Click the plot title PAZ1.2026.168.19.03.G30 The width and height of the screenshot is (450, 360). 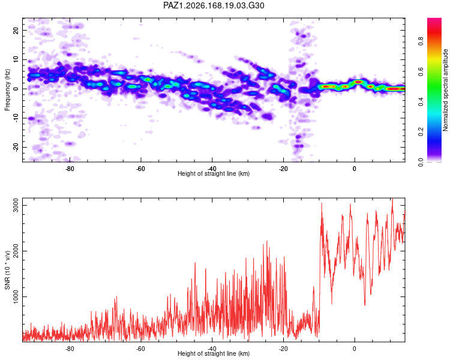coord(214,5)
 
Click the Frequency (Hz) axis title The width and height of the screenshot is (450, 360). coord(7,90)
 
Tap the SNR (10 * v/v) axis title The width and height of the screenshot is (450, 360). coord(7,270)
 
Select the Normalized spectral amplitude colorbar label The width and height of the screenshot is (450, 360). coord(445,90)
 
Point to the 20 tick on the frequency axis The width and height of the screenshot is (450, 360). coord(16,30)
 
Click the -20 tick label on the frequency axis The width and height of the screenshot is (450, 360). coord(16,147)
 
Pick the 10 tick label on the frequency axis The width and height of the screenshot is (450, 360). coord(16,59)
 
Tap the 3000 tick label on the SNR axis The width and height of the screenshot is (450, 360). coord(16,206)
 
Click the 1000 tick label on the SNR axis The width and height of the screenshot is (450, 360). coord(16,296)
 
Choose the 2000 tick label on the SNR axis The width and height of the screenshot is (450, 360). coord(16,251)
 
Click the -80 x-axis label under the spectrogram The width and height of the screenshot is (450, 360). coord(70,169)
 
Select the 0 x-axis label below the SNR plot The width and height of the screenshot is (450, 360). coord(355,349)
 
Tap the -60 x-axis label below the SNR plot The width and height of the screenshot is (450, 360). coord(140,349)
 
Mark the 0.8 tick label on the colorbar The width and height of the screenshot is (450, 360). coord(421,41)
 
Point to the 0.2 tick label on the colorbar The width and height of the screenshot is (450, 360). coord(421,132)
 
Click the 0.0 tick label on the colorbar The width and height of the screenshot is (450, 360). coord(421,162)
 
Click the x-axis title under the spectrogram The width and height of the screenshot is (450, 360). coord(214,173)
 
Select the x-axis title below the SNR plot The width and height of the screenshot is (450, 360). coord(214,353)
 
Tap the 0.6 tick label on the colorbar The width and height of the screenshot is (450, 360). coord(421,71)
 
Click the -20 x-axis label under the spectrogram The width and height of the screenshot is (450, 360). coord(283,169)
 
